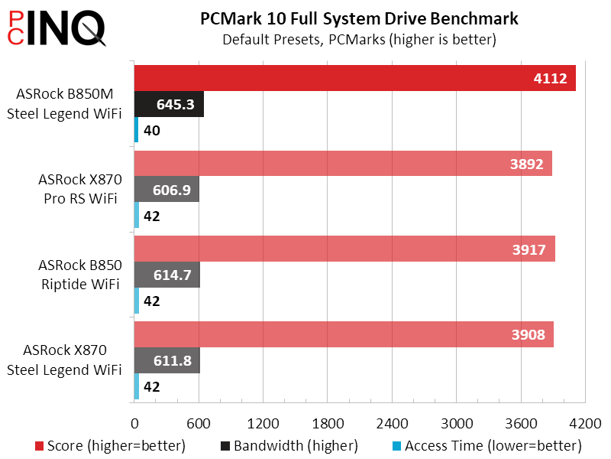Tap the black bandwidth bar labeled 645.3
169,104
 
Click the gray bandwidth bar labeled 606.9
166,190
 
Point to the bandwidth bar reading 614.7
166,275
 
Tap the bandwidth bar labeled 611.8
166,360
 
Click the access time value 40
151,131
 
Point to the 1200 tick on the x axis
263,423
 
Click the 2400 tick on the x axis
392,423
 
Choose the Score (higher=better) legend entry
110,445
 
